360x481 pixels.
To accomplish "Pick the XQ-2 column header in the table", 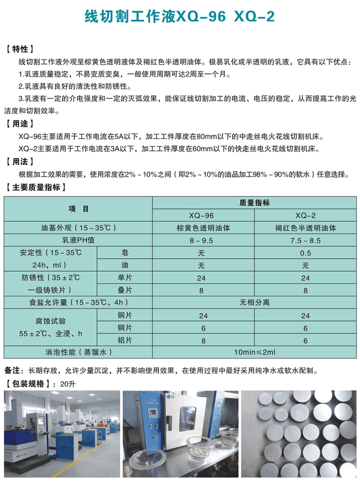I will point(305,215).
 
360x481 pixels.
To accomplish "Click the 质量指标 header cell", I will point(254,203).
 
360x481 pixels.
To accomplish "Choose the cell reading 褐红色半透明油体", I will point(305,227).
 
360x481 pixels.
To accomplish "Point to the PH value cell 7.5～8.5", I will point(305,240).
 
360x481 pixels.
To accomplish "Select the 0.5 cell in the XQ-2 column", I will point(305,253).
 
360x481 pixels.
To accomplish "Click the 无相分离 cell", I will point(254,302).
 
